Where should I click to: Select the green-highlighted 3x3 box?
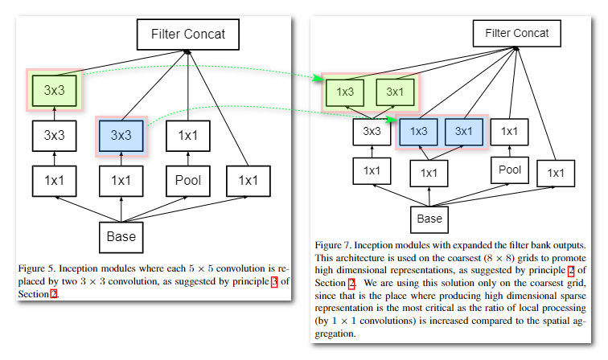point(54,90)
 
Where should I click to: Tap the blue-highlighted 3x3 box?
point(121,135)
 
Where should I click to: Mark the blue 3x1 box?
point(464,130)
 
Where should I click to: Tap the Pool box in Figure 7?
point(510,170)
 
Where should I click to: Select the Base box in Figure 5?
point(121,237)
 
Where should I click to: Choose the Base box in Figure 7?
point(429,219)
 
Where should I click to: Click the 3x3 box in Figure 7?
point(372,131)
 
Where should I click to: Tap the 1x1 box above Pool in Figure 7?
point(510,131)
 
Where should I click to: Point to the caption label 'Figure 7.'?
point(333,243)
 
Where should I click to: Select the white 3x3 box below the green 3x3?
point(54,135)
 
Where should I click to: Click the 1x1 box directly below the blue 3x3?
point(121,180)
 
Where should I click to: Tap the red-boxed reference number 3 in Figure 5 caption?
point(273,280)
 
